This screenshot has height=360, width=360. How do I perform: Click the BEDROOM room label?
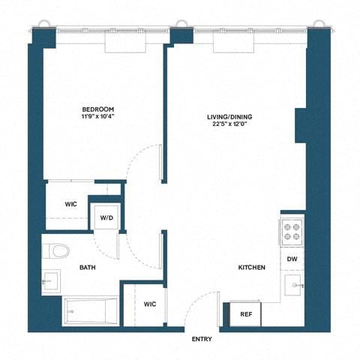[x=98, y=109]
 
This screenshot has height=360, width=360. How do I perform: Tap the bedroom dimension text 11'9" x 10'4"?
[x=98, y=118]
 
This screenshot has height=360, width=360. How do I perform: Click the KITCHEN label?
[x=251, y=267]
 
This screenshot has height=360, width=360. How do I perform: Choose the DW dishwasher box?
[x=292, y=259]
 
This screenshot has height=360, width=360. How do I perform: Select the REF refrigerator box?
[x=245, y=315]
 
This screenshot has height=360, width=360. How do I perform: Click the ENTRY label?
[x=202, y=340]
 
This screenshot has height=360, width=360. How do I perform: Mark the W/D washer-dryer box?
[x=106, y=218]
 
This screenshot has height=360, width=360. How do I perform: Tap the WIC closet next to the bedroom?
[x=70, y=203]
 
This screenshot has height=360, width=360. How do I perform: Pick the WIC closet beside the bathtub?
[x=149, y=304]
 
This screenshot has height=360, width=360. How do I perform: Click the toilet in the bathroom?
[x=55, y=250]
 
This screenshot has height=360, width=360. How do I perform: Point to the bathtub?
[x=90, y=310]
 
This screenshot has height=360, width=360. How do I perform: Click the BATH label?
[x=88, y=267]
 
